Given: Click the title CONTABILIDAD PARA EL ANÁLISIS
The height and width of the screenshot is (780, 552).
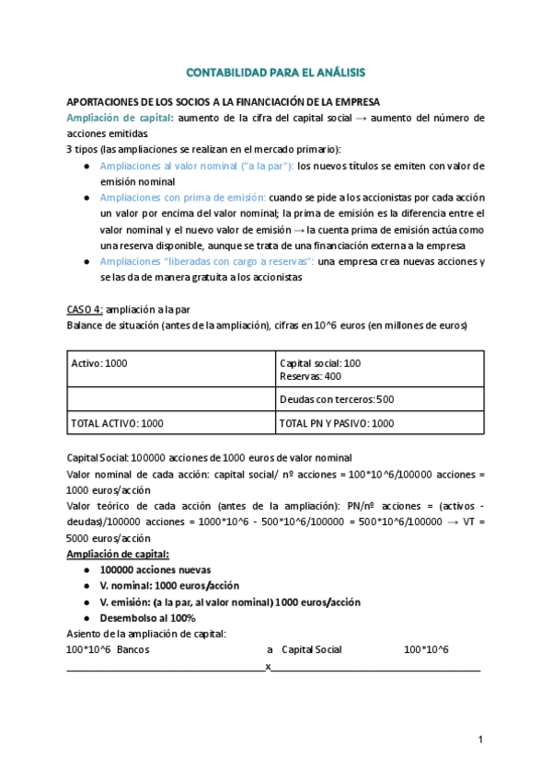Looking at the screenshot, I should click(x=275, y=72).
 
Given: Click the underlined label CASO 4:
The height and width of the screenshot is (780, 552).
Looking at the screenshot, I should click(x=85, y=310).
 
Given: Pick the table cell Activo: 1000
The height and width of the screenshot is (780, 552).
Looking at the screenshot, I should click(x=99, y=363).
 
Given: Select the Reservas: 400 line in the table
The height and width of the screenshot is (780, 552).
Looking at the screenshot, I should click(x=310, y=375).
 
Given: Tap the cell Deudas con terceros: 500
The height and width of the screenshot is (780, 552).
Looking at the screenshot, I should click(x=336, y=399).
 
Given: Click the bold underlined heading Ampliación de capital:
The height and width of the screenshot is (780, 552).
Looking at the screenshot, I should click(x=118, y=554).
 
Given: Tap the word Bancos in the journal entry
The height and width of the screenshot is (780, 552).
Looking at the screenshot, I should click(x=133, y=649).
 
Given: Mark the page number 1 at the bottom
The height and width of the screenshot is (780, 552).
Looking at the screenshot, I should click(x=480, y=740).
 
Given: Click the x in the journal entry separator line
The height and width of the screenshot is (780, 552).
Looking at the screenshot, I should click(x=268, y=666).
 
